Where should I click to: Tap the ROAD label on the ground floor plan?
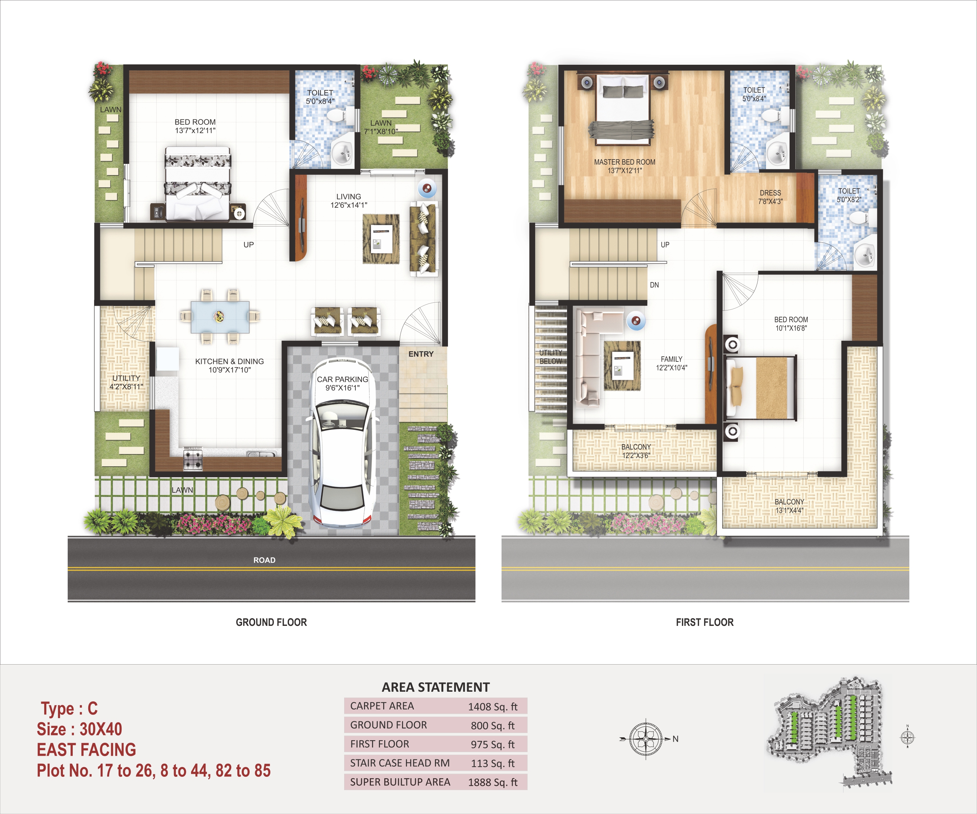click(x=264, y=560)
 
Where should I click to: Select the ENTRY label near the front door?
click(x=421, y=354)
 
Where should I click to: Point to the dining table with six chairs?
click(x=220, y=317)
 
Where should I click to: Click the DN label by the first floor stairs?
click(x=654, y=285)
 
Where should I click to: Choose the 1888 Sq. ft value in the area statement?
click(x=493, y=783)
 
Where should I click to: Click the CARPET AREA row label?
click(x=382, y=706)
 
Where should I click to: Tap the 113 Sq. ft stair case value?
click(x=493, y=763)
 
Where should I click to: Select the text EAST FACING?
click(x=86, y=750)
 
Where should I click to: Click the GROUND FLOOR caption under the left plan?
click(x=271, y=622)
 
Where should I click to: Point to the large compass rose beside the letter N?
click(x=646, y=739)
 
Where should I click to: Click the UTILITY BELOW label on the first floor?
click(x=550, y=357)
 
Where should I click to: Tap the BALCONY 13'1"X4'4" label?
click(x=789, y=506)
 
